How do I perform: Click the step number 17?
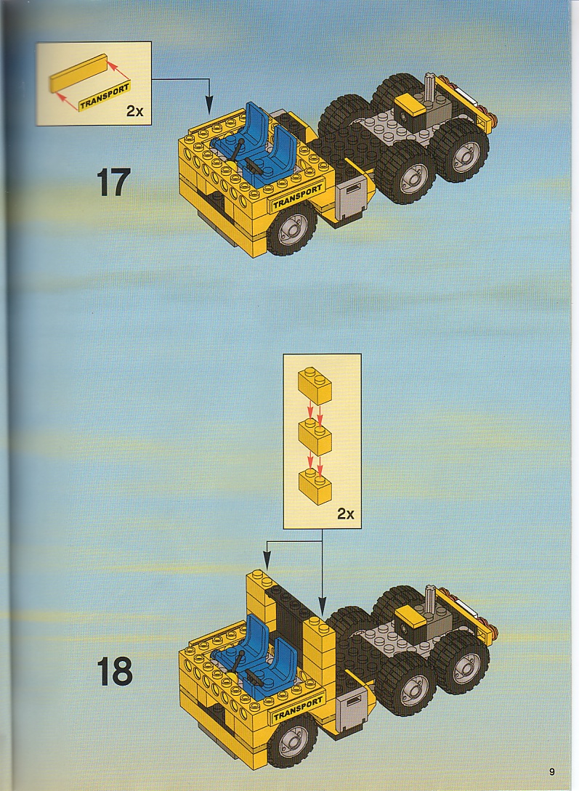[x=113, y=182]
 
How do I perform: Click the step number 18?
[x=114, y=671]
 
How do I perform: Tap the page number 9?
[x=552, y=771]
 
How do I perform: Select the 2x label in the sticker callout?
[x=134, y=111]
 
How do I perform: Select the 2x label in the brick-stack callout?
[x=346, y=514]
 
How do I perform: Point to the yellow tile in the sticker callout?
[x=79, y=73]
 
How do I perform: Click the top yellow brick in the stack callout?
[x=315, y=385]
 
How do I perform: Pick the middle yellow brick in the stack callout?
[x=315, y=437]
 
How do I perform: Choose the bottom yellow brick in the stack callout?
[x=315, y=487]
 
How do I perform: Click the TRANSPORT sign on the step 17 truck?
[x=297, y=197]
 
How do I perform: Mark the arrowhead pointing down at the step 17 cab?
[x=209, y=106]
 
